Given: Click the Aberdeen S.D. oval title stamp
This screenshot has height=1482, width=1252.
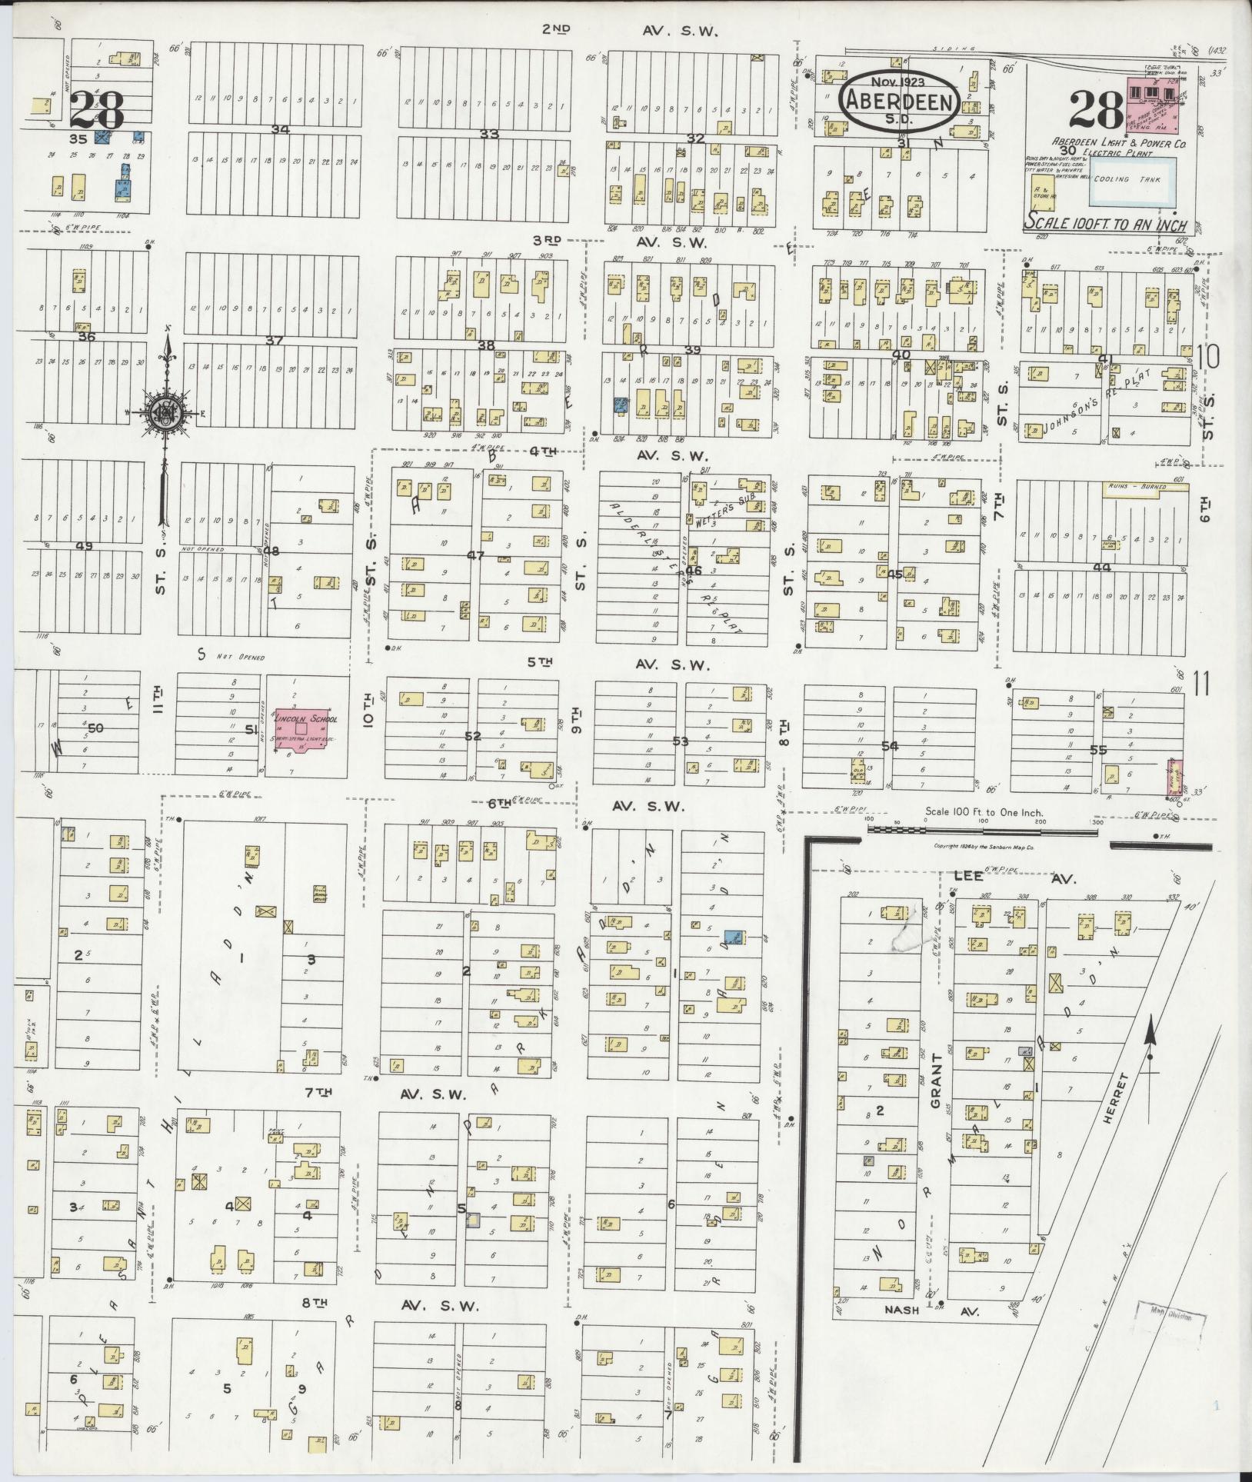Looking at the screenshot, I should coord(898,101).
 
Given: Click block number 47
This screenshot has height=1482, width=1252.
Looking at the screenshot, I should coord(475,555).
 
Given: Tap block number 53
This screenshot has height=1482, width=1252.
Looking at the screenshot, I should coord(680,741).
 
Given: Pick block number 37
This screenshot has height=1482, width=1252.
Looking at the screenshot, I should coord(274,341).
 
